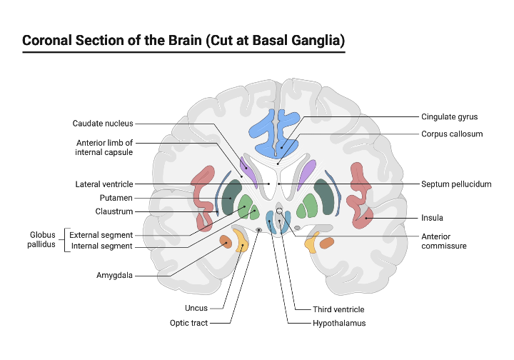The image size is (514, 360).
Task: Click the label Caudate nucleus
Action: [x=103, y=124]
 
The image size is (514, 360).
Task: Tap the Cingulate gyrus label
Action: [x=449, y=116]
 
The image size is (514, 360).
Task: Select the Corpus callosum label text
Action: [x=452, y=134]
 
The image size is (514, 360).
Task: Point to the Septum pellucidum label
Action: [x=456, y=184]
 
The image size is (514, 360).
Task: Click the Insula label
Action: [x=433, y=218]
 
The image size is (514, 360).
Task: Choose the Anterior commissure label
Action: [x=443, y=241]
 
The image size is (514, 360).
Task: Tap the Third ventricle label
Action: [x=338, y=309]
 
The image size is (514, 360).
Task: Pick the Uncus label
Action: [x=196, y=308]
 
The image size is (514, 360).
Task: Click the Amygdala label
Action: [x=114, y=275]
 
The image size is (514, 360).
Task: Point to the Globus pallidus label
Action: [x=42, y=239]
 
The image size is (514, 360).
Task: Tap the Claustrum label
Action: [x=114, y=211]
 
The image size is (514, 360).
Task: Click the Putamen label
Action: [x=116, y=197]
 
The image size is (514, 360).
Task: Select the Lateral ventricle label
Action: [x=104, y=184]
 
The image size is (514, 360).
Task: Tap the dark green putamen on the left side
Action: [x=231, y=197]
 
